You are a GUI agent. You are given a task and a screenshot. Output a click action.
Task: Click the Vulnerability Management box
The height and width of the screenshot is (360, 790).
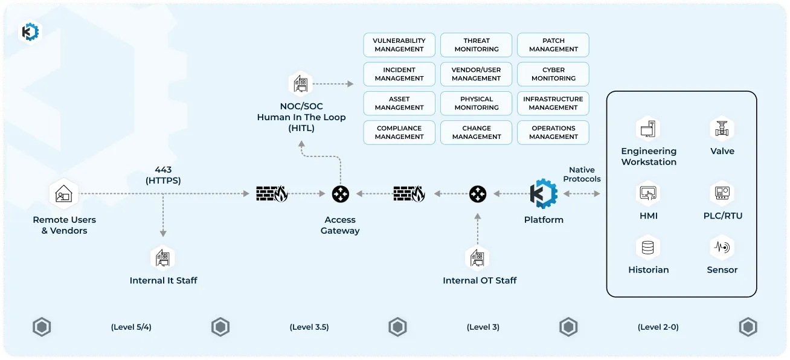pos(399,45)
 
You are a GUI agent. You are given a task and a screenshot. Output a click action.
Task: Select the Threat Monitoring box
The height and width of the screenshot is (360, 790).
pos(477,45)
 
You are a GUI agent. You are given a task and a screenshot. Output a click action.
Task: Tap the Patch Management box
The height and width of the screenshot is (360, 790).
pos(553,45)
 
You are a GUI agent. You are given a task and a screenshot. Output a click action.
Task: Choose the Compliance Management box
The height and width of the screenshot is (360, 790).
pos(399,132)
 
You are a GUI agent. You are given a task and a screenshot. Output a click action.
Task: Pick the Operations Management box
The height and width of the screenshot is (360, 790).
pos(553,132)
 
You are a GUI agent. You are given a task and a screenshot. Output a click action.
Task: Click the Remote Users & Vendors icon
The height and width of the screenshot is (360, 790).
pos(63,194)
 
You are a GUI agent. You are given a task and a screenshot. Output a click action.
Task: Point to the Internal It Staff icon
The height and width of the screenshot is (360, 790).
pos(162,257)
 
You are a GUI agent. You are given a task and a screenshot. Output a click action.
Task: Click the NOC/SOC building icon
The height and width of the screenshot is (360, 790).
pos(300,84)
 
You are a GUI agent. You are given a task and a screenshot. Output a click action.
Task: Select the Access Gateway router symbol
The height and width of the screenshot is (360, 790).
pos(340,194)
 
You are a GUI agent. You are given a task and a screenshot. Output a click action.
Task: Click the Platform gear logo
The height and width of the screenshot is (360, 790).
pos(543,194)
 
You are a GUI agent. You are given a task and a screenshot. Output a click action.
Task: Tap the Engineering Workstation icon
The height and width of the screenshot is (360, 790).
pos(648,128)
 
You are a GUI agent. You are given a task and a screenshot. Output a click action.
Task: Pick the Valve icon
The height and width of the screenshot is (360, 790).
pos(721,128)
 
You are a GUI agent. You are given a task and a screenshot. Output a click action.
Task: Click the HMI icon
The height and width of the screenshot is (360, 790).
pos(648,193)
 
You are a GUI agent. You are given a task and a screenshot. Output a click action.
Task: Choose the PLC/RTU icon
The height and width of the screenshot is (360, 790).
pos(721,193)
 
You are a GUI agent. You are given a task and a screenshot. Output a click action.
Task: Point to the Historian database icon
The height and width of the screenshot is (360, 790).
pos(648,247)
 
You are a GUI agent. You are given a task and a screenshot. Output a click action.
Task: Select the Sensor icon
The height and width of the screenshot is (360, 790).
pos(721,247)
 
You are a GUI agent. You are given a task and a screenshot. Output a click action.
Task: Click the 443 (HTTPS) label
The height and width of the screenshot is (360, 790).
pos(163,175)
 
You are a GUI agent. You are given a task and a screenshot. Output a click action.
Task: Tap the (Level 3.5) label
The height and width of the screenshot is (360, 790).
pos(309,327)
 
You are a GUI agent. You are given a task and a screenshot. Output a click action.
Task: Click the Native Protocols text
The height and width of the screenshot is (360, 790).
pos(582,175)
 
